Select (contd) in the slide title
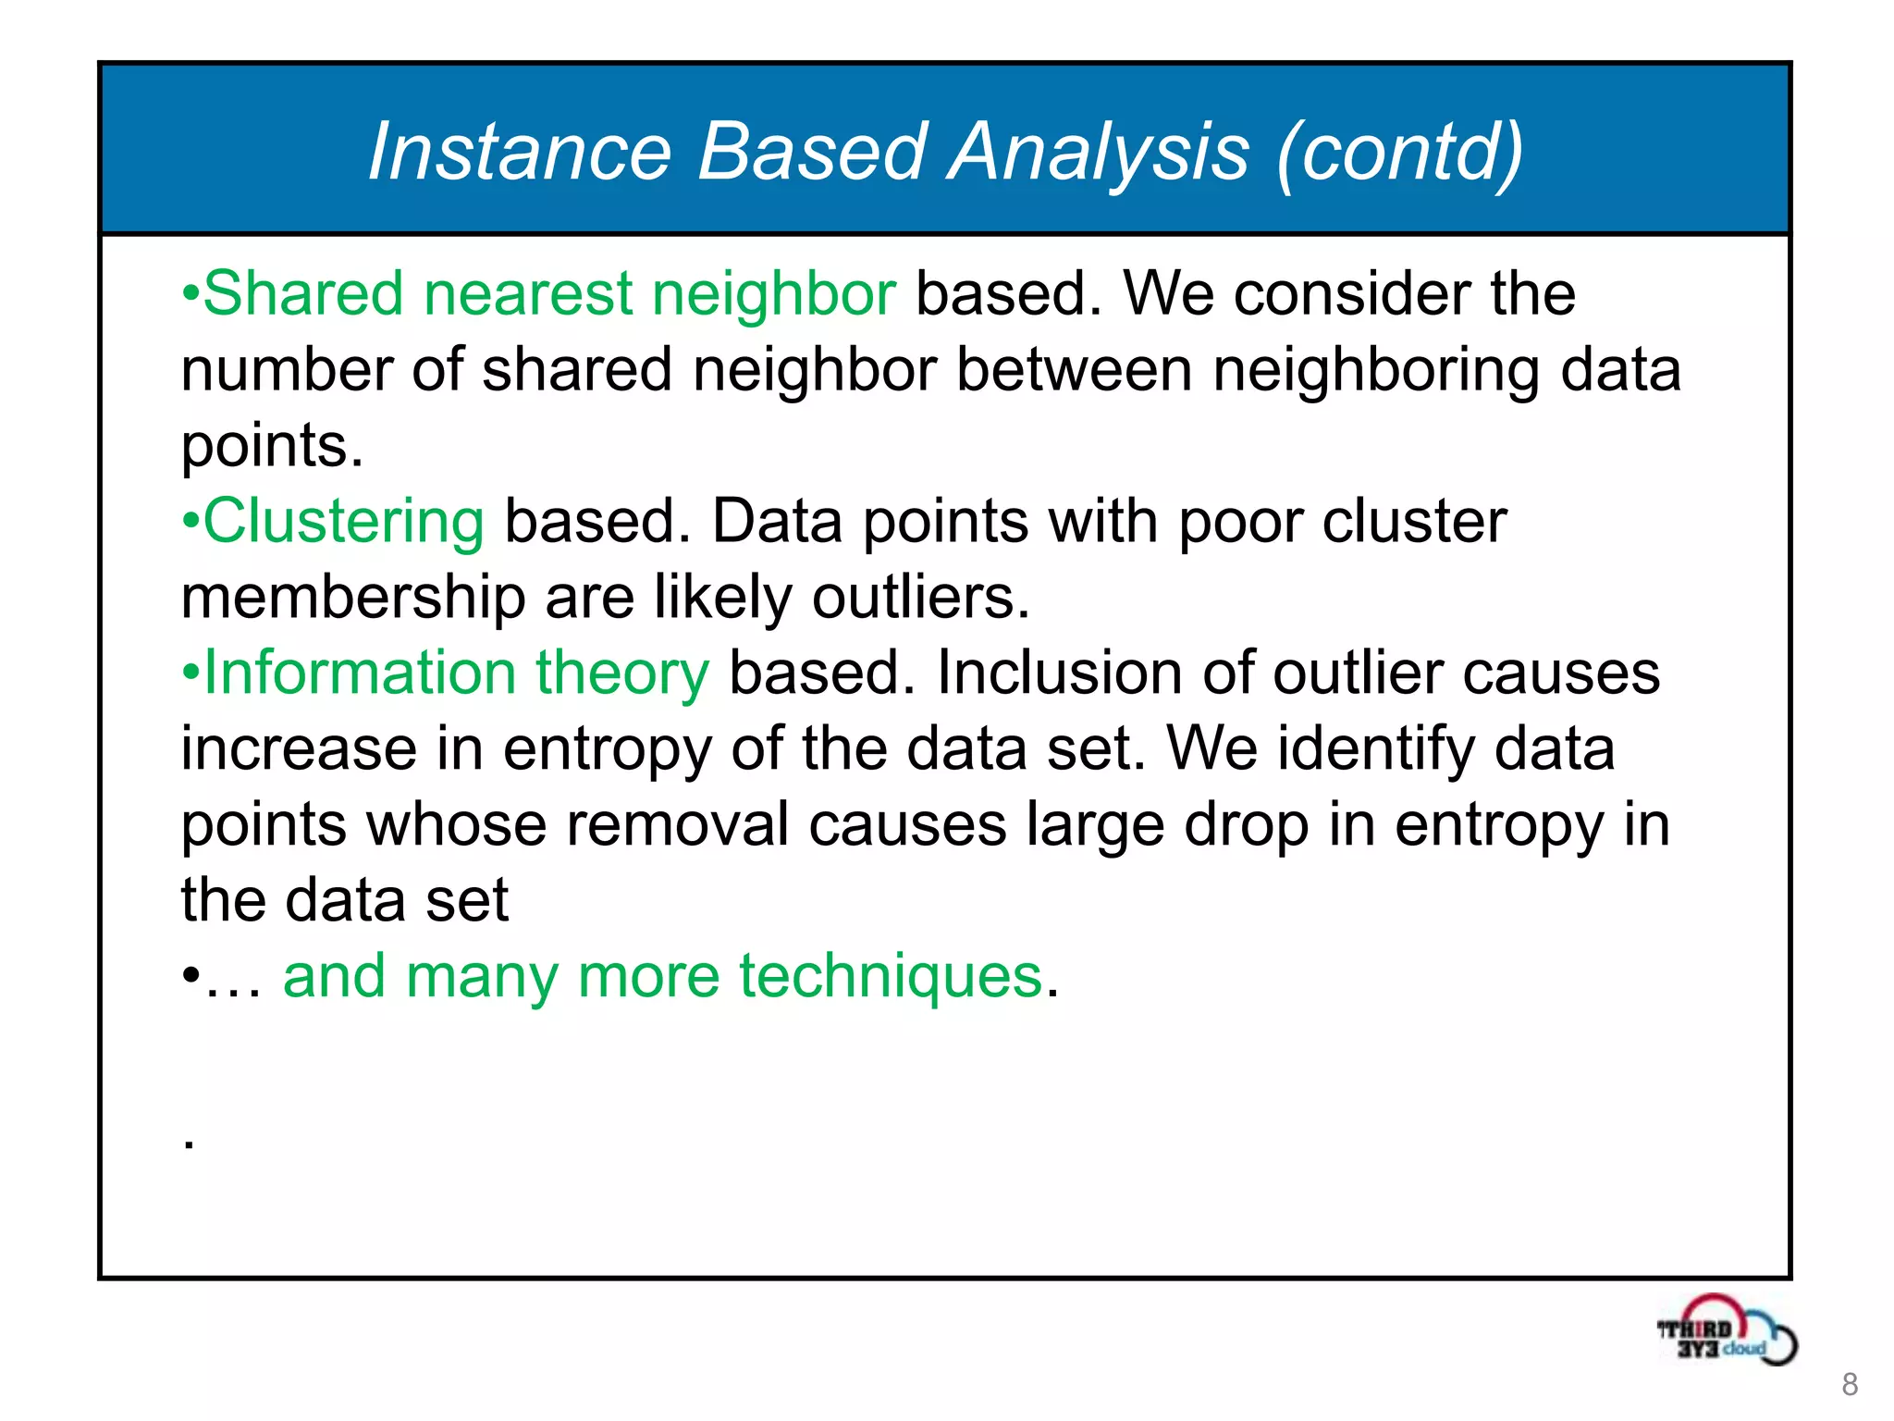pos(1398,153)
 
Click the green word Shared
pos(302,293)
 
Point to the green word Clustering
pos(343,522)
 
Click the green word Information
pos(359,673)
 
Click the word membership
pos(352,597)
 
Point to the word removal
pos(677,824)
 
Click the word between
pos(1074,370)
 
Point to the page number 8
pos(1850,1384)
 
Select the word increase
pos(298,748)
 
